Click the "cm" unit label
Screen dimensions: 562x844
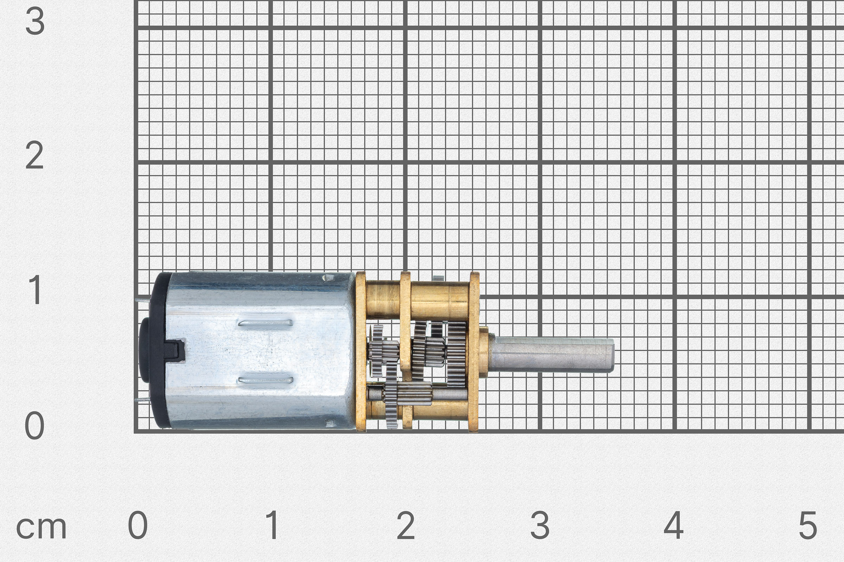(41, 528)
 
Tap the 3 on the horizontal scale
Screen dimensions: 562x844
(540, 525)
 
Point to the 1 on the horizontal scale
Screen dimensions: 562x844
(273, 525)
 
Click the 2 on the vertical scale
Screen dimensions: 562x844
(35, 155)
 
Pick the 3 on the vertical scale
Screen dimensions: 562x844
(35, 21)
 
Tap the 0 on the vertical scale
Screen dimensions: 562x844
(35, 426)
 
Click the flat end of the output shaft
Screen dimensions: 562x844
(612, 355)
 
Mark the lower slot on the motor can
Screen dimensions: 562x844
(265, 380)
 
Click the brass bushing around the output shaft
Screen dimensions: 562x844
(484, 352)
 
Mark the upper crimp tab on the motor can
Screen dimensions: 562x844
(328, 277)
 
